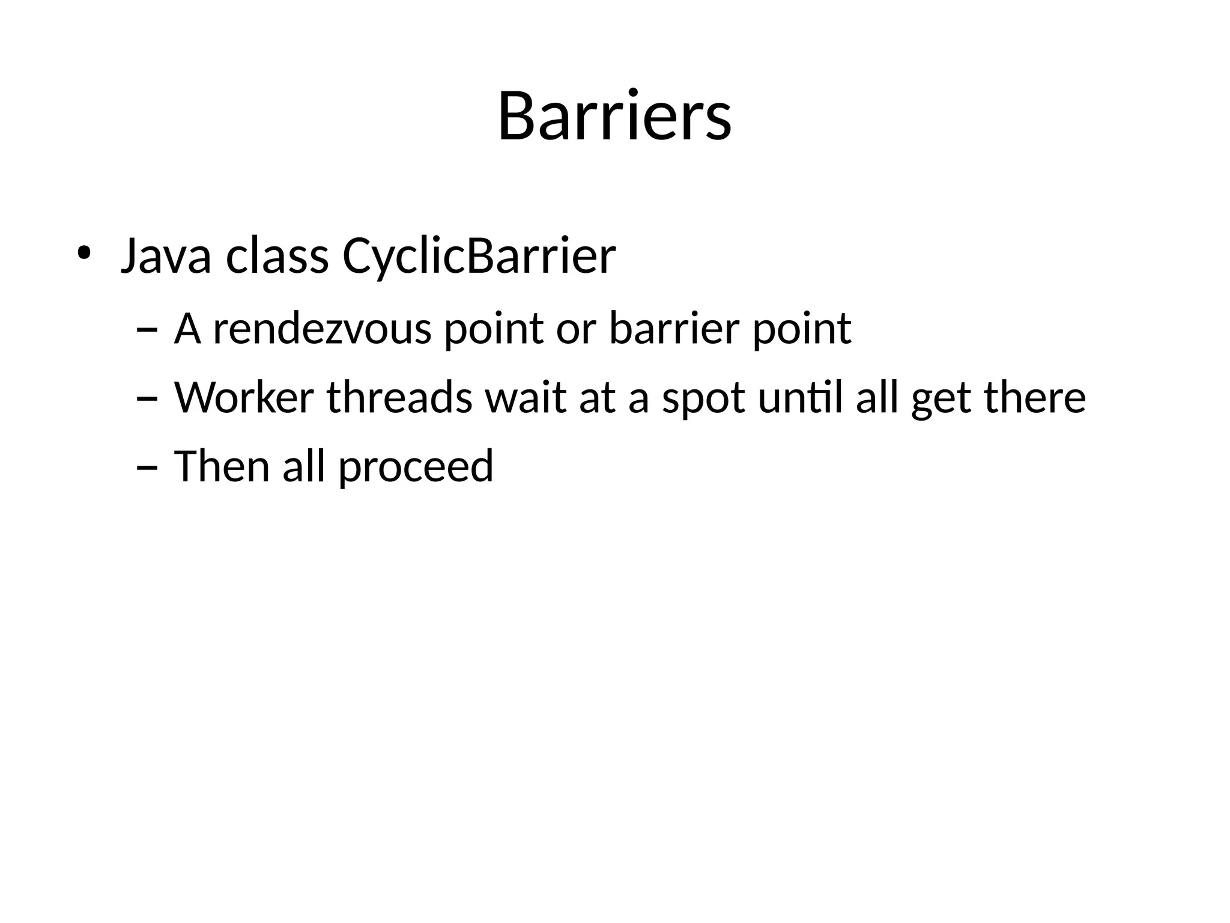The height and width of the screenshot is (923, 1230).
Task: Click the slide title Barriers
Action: tap(614, 116)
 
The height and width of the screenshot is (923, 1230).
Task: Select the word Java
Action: tap(166, 256)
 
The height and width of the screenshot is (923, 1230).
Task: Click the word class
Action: tap(277, 256)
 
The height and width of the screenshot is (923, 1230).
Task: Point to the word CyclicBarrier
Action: tap(479, 257)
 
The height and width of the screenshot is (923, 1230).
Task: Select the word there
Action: tap(1035, 398)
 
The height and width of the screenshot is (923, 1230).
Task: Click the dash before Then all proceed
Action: tap(147, 467)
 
